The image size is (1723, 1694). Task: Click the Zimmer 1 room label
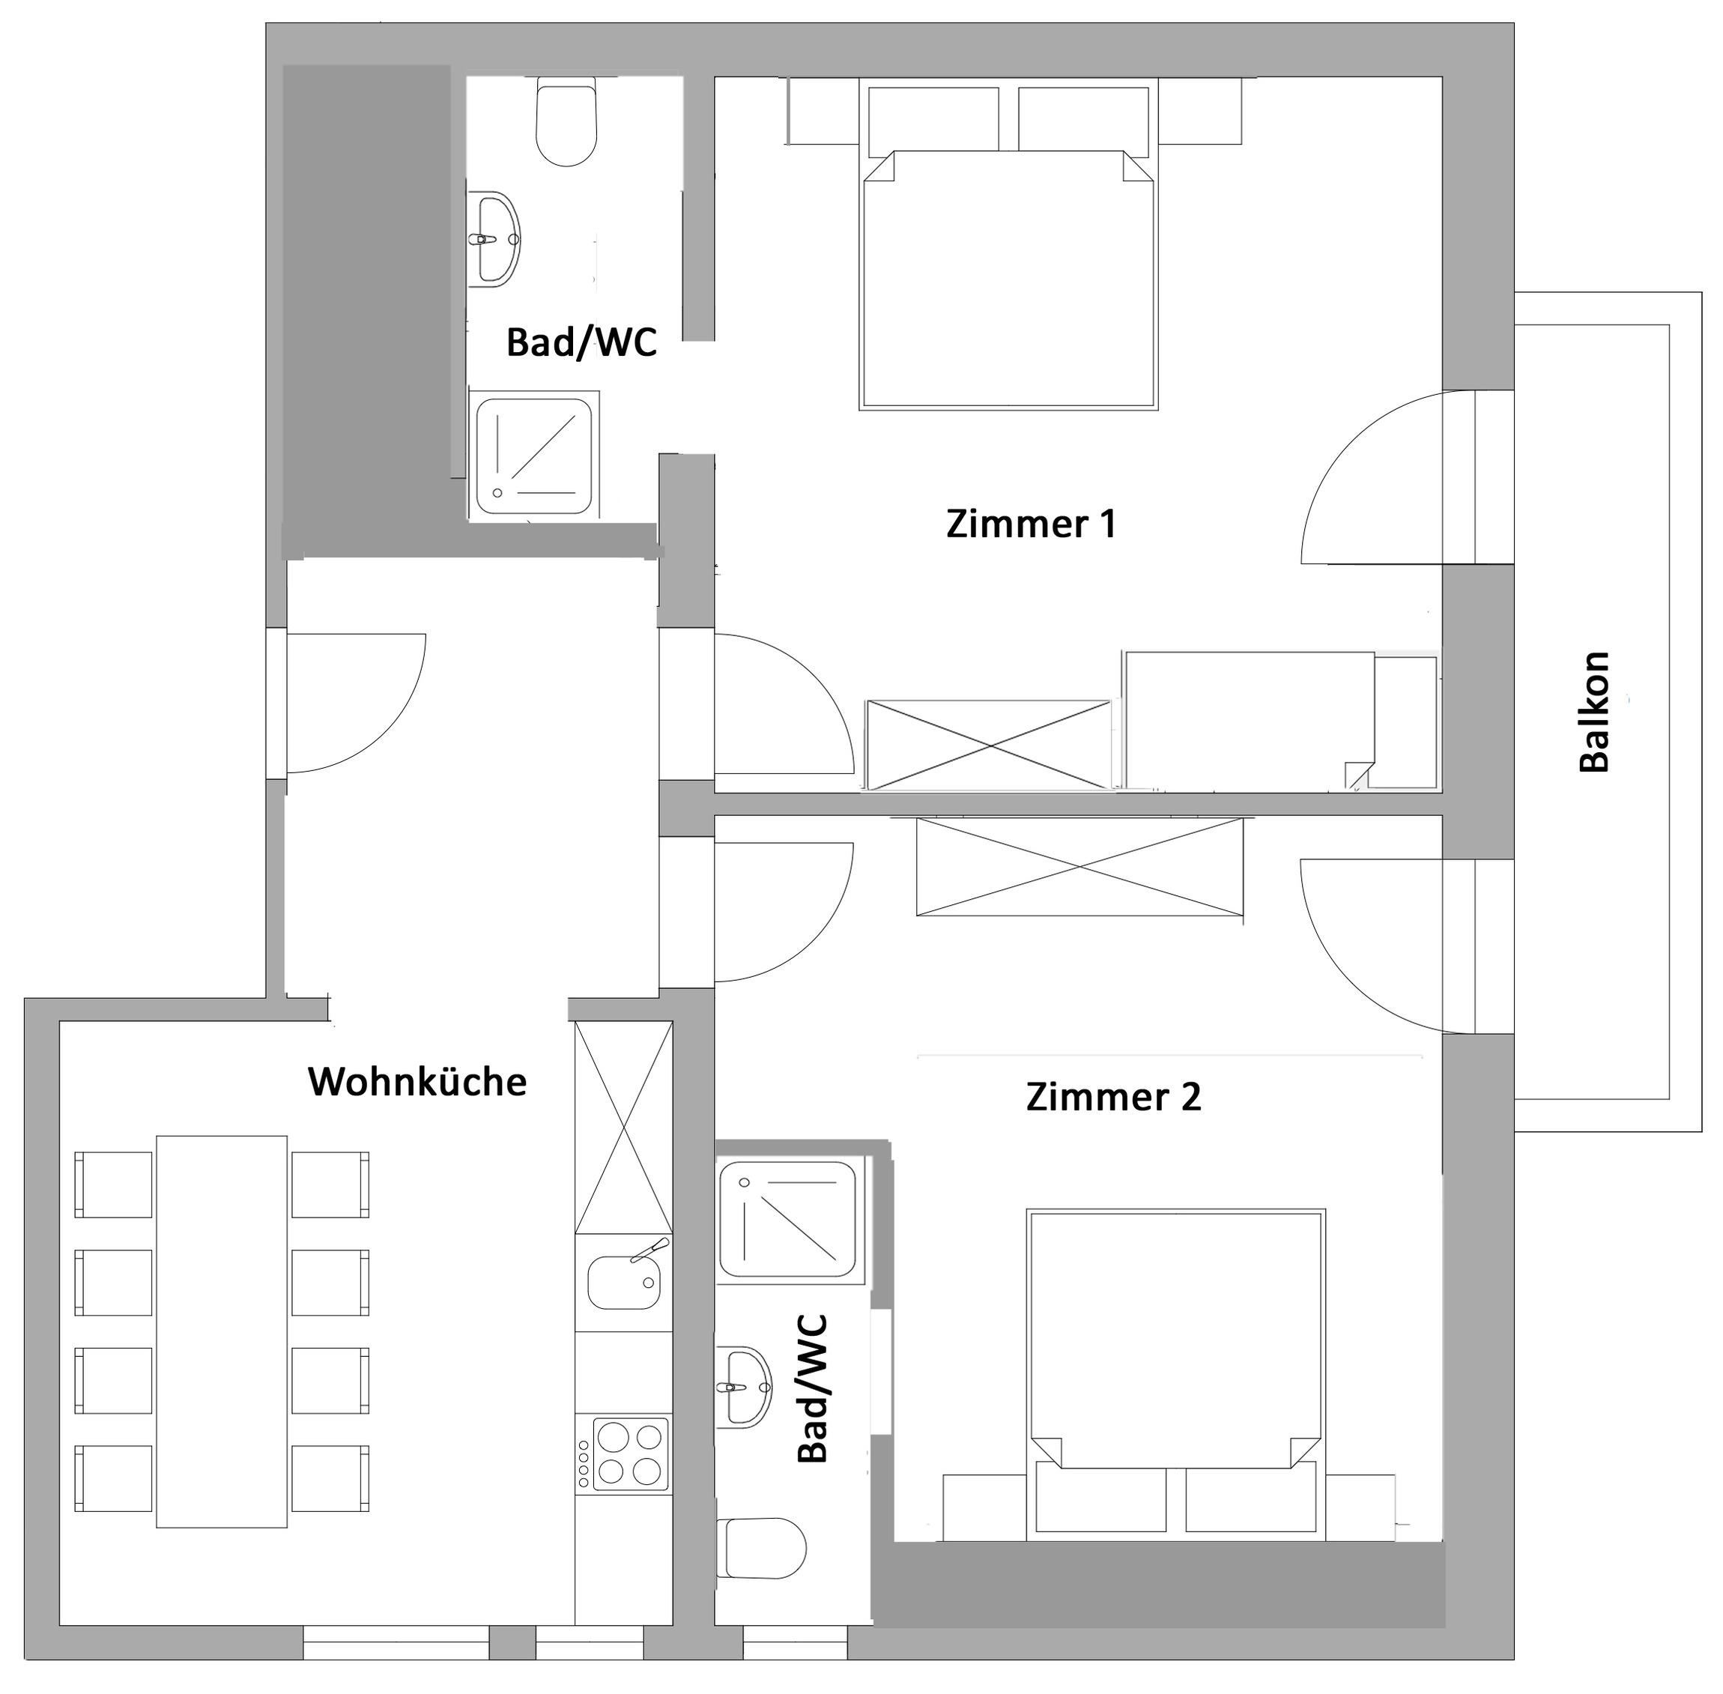[x=1030, y=523]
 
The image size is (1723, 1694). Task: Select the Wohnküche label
[x=417, y=1082]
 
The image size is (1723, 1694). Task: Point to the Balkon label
[x=1594, y=711]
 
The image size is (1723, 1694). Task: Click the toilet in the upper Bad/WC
[x=566, y=121]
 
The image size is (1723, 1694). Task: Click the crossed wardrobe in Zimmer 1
[x=988, y=745]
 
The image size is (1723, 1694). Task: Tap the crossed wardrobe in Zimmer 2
[x=1079, y=867]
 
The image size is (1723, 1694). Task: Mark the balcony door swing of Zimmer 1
[x=1387, y=477]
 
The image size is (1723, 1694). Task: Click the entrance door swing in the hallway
[x=356, y=704]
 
